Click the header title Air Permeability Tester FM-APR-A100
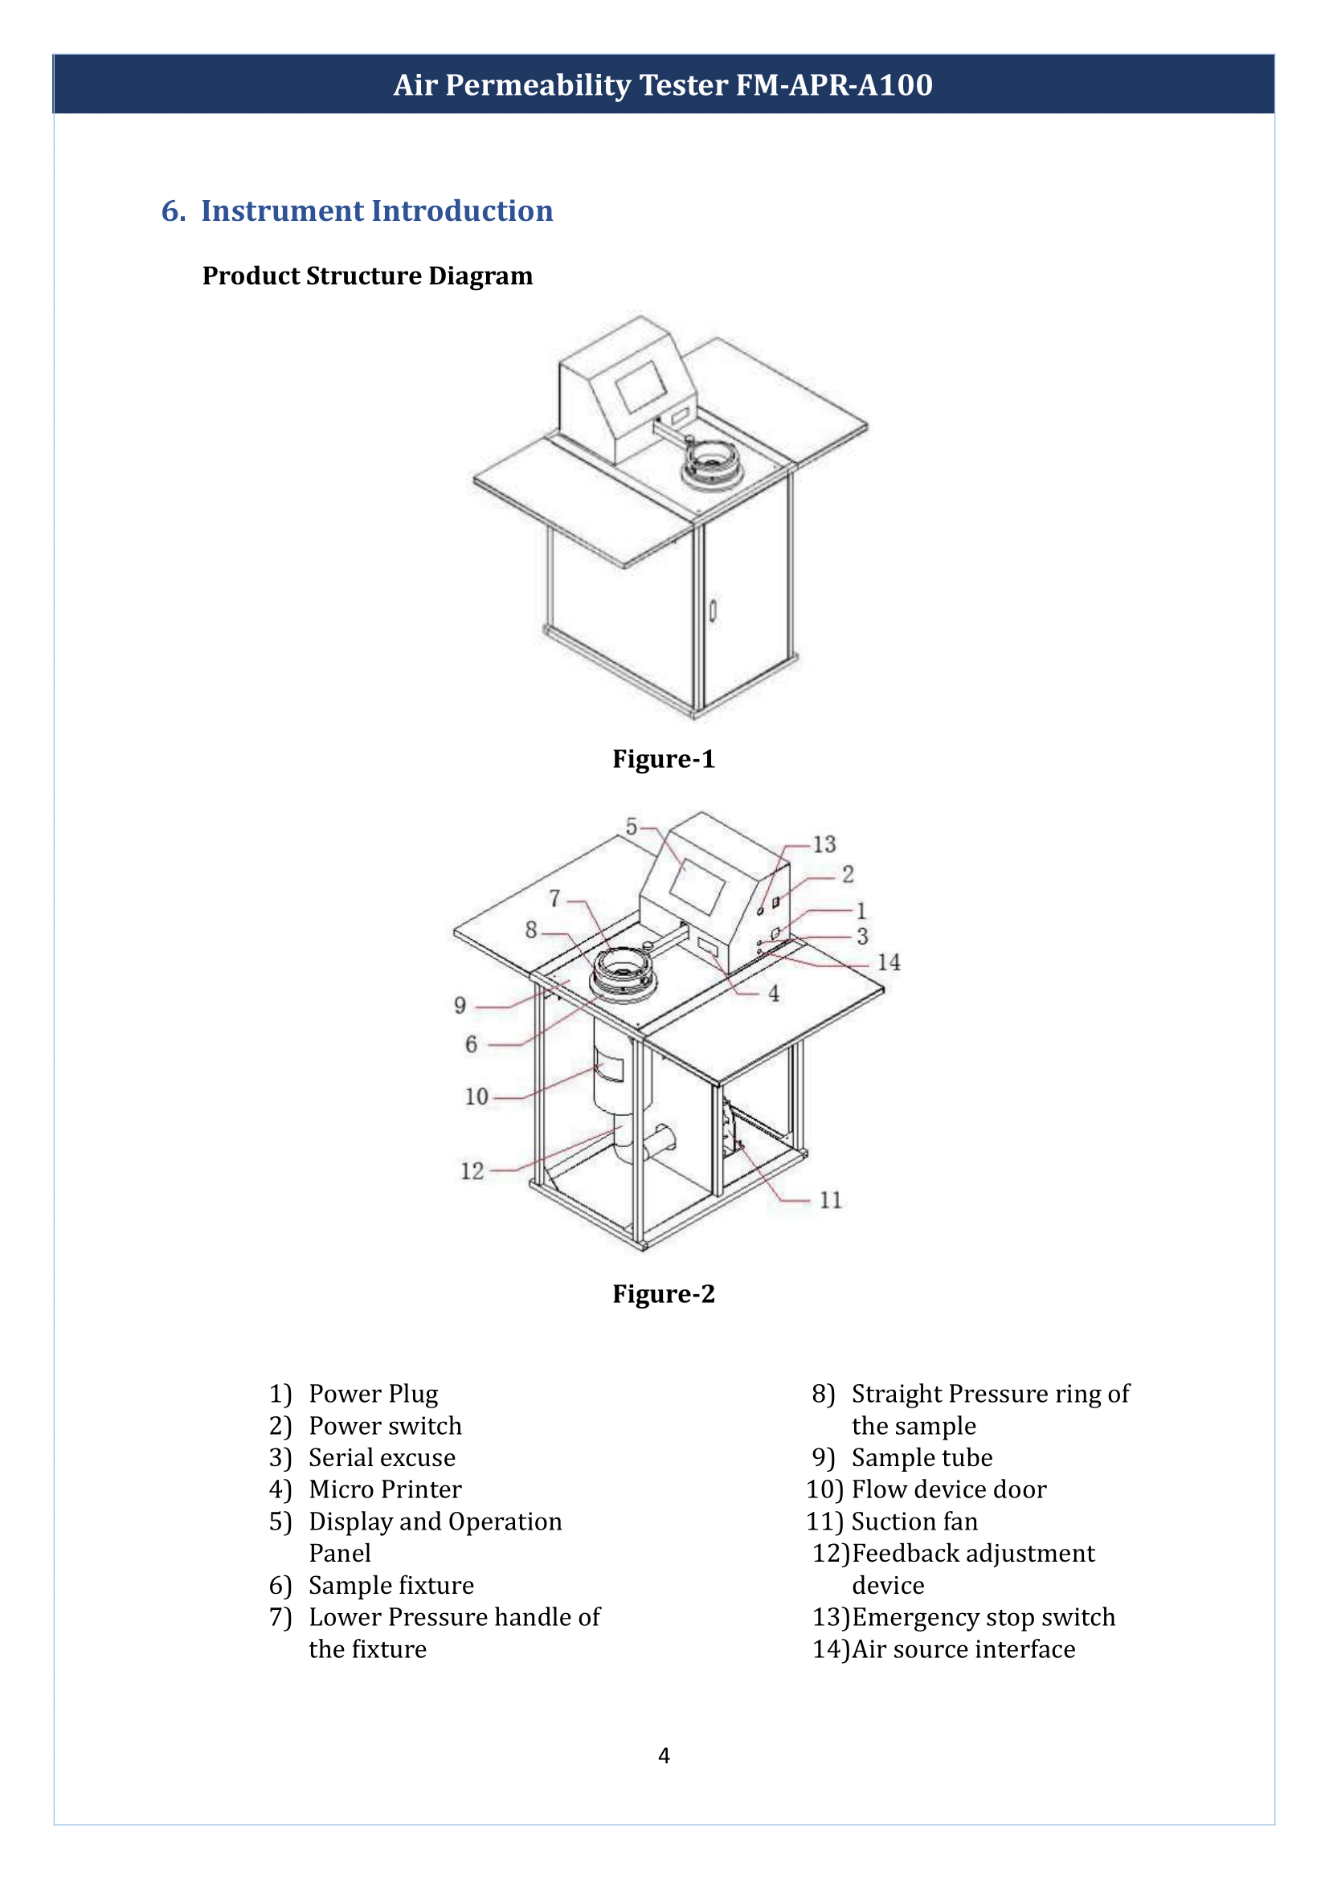pyautogui.click(x=663, y=85)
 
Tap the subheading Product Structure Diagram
pyautogui.click(x=367, y=276)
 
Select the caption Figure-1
pyautogui.click(x=664, y=758)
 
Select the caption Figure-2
pyautogui.click(x=664, y=1294)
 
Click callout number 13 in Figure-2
pyautogui.click(x=824, y=844)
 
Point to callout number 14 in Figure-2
pyautogui.click(x=889, y=962)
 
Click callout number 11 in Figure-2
pyautogui.click(x=831, y=1199)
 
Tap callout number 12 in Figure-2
pyautogui.click(x=472, y=1171)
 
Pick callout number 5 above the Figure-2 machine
pyautogui.click(x=631, y=827)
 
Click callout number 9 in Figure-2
pyautogui.click(x=460, y=1005)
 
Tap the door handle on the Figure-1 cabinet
pyautogui.click(x=713, y=611)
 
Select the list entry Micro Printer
pyautogui.click(x=385, y=1489)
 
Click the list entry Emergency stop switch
pyautogui.click(x=983, y=1617)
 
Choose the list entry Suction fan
pyautogui.click(x=914, y=1522)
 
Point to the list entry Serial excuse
pyautogui.click(x=382, y=1457)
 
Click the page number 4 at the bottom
pyautogui.click(x=664, y=1755)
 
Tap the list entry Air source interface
pyautogui.click(x=963, y=1649)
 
